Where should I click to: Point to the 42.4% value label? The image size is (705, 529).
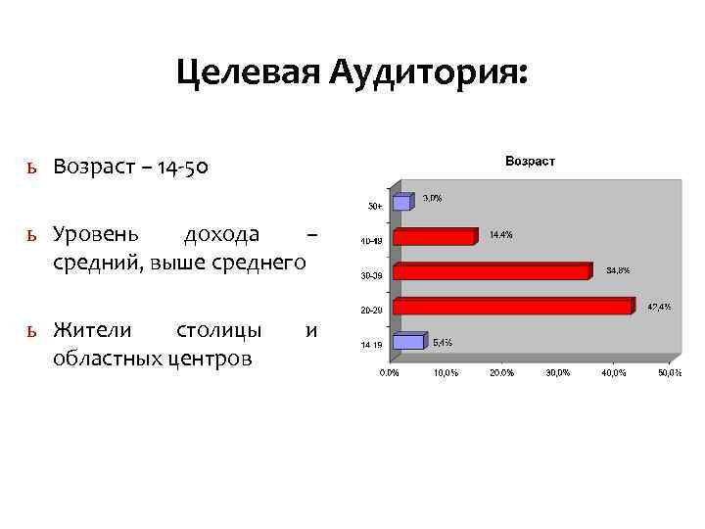659,308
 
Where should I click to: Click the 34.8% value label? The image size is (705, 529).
619,269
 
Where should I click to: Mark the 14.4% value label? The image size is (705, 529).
500,235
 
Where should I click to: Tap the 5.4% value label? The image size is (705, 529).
443,343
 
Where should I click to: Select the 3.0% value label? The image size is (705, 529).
432,198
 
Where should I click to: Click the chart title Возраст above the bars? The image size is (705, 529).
529,161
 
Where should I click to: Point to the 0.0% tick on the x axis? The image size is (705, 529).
389,373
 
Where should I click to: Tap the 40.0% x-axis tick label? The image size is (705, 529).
614,373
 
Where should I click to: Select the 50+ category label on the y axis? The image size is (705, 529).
375,207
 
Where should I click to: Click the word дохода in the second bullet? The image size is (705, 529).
221,234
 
